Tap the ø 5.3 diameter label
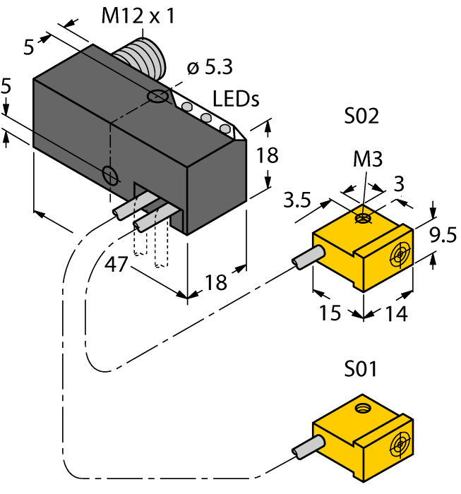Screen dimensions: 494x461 click(x=210, y=68)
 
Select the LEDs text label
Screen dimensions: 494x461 click(x=236, y=100)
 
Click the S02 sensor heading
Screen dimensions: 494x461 click(x=361, y=116)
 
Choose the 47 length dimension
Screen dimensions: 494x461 click(x=117, y=265)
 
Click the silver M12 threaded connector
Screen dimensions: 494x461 click(x=142, y=61)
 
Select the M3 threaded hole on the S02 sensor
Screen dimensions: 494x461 click(x=363, y=219)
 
